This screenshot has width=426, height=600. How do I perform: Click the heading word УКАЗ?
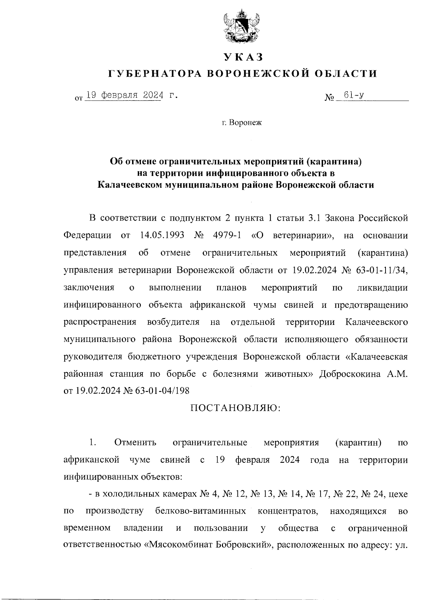coord(243,57)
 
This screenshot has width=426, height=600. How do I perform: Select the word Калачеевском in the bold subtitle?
coord(129,185)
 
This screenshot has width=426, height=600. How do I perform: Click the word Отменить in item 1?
coord(135,443)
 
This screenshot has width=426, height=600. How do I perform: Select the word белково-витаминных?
coord(201,511)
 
